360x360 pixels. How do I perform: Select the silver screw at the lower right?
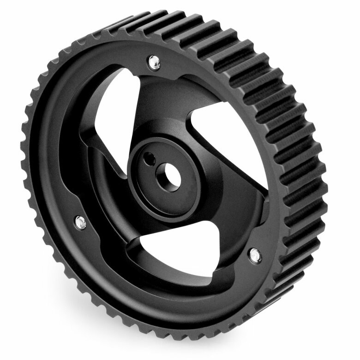[x=255, y=253]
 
